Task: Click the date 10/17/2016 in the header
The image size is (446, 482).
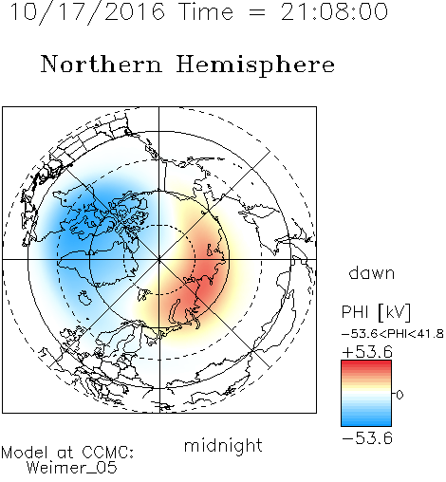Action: pos(87,12)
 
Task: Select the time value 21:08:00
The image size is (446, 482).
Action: pos(334,11)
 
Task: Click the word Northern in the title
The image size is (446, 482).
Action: pos(102,65)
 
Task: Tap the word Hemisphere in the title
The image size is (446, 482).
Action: pos(255,65)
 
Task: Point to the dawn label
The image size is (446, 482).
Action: pos(372,272)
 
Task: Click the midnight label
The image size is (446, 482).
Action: pos(223,446)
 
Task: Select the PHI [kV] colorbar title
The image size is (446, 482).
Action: pos(376,313)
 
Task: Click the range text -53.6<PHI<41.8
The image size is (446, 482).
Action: pos(393,334)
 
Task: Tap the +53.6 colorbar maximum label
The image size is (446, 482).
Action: pos(367,352)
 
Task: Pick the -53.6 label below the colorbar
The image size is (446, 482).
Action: pos(367,438)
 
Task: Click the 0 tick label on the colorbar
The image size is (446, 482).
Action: pos(400,395)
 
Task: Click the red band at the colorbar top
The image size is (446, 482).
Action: pos(366,364)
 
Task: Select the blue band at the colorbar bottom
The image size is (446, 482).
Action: pos(366,422)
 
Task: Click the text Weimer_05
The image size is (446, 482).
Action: pos(72,468)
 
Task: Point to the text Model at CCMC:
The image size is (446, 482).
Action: pos(67,453)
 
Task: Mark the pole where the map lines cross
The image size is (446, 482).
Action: pos(159,260)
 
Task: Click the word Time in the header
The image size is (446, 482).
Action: pos(206,11)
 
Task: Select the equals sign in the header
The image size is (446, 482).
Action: pos(256,12)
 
